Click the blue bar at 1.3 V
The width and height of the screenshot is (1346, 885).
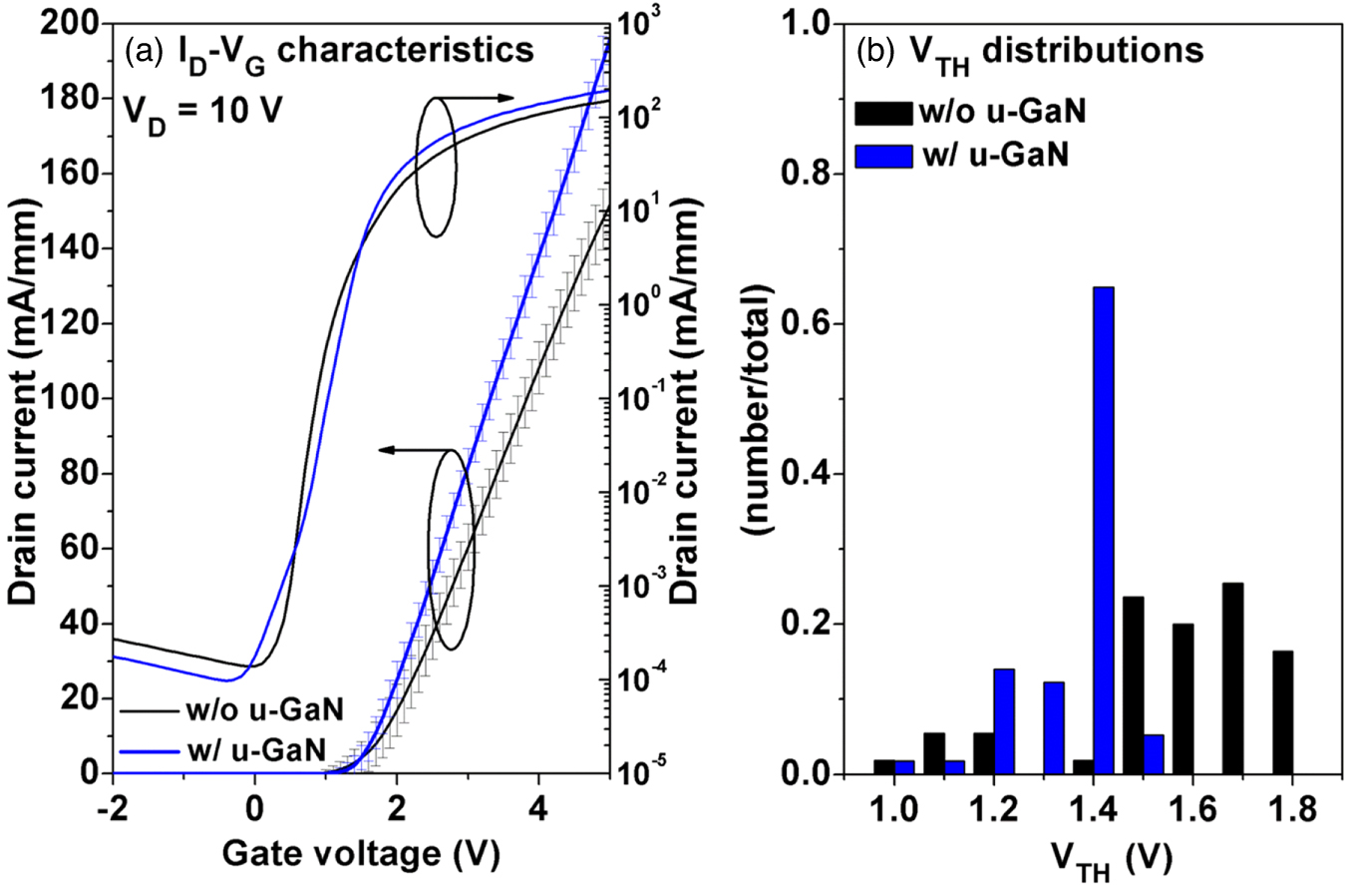click(1054, 727)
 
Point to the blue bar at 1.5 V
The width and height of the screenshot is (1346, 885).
click(1154, 753)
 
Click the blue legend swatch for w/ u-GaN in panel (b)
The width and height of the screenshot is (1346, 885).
click(883, 155)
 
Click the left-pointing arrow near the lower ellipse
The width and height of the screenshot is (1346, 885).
click(409, 451)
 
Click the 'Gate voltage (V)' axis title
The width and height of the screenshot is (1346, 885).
click(361, 854)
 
